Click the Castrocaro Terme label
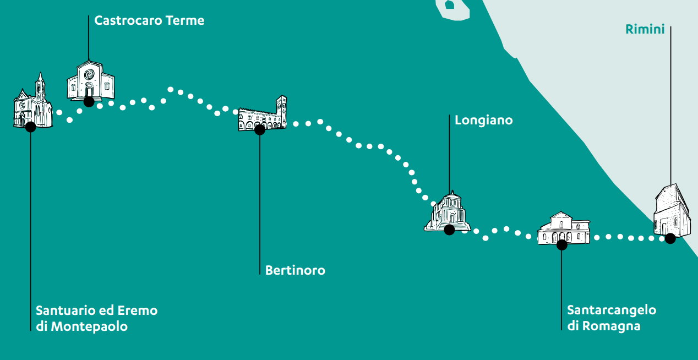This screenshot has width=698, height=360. [x=149, y=21]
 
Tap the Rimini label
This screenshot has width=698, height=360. [x=645, y=30]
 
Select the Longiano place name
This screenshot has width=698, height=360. [x=483, y=120]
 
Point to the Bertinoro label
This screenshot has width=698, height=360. [x=295, y=270]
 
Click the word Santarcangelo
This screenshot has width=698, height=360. [x=612, y=310]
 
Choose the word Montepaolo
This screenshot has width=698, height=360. [x=89, y=326]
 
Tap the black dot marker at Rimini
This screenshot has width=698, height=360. [x=670, y=238]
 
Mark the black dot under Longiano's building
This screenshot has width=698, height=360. [x=449, y=230]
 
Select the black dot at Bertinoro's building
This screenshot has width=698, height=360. [x=260, y=130]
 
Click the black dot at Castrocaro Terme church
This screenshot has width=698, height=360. [x=89, y=101]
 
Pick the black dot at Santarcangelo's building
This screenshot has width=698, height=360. [x=561, y=245]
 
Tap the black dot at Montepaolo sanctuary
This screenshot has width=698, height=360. [x=30, y=127]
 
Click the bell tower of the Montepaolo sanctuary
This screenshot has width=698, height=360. [x=40, y=88]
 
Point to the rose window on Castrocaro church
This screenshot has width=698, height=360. [x=89, y=74]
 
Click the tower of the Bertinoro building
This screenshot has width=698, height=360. [x=281, y=110]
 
